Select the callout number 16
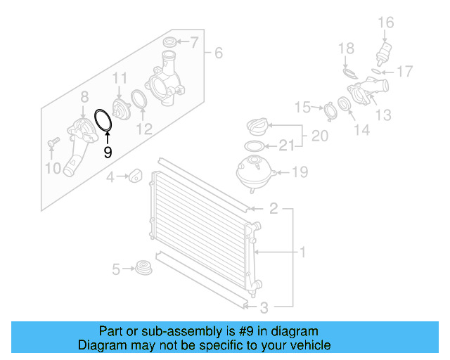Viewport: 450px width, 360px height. (385, 23)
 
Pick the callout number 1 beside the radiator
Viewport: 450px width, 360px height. (303, 252)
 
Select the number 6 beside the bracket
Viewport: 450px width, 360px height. (218, 53)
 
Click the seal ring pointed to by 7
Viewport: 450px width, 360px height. (169, 40)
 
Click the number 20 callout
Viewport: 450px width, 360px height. (319, 135)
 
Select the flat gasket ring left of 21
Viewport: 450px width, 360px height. (254, 147)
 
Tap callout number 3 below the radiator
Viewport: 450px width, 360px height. (264, 307)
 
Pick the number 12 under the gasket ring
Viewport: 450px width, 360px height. (144, 129)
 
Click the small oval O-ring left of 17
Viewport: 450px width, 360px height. (378, 72)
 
